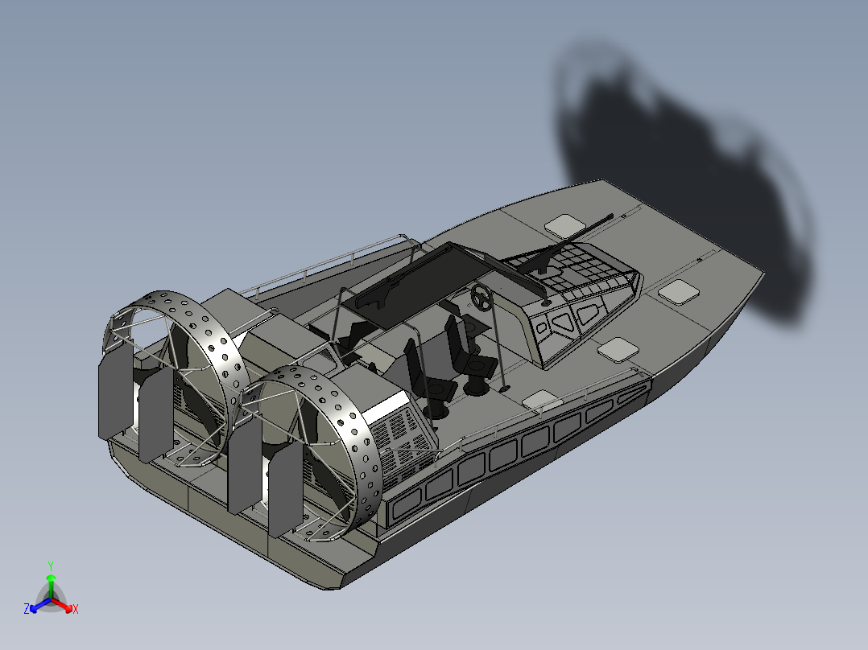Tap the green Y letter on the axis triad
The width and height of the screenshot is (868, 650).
click(x=50, y=566)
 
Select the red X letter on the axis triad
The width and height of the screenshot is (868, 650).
click(x=76, y=610)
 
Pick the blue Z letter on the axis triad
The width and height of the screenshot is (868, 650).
click(x=27, y=610)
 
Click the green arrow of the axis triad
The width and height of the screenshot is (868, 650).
click(x=50, y=581)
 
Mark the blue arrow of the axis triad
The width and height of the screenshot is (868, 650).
click(x=35, y=606)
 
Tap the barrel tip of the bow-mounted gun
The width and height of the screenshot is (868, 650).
click(x=611, y=216)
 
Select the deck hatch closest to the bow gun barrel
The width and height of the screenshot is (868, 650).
click(x=563, y=223)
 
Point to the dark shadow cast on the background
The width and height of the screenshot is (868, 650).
click(x=684, y=161)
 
